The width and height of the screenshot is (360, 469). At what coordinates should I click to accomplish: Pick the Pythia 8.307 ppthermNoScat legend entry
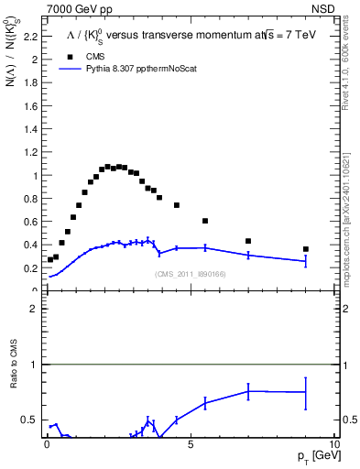tap(126, 68)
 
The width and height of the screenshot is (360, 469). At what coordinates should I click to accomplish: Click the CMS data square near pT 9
tap(306, 249)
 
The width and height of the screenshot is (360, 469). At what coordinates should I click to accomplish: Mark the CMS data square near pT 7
tap(248, 241)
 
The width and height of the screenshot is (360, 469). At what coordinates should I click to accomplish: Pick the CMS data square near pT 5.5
tap(205, 221)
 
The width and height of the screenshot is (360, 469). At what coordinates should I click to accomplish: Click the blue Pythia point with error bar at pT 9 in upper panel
tap(306, 261)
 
